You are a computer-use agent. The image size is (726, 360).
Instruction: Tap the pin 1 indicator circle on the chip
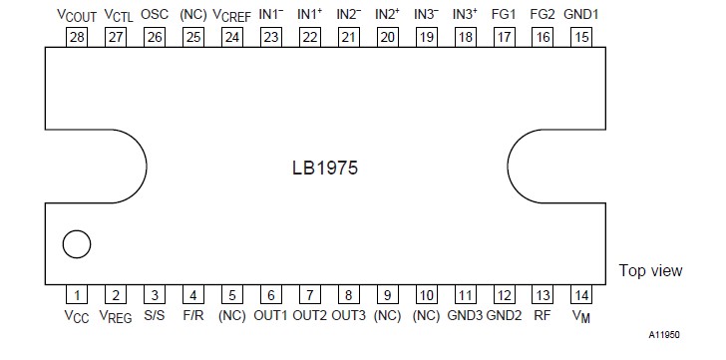(x=76, y=243)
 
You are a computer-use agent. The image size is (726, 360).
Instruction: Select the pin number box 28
(x=76, y=37)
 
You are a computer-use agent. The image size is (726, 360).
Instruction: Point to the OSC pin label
(x=154, y=15)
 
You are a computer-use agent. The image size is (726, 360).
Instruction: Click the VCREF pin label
(x=231, y=15)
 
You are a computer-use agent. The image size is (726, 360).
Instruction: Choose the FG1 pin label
(x=503, y=14)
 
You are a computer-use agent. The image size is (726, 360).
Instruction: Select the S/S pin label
(x=154, y=316)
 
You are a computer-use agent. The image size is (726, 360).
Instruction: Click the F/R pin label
(x=193, y=316)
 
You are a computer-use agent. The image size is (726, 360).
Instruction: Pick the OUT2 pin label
(x=309, y=316)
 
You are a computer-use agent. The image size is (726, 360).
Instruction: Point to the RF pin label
(x=542, y=316)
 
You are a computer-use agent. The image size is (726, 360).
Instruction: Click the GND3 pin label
(x=464, y=316)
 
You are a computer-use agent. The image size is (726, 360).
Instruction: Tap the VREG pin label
(x=116, y=317)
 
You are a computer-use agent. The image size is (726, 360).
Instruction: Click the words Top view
(x=650, y=270)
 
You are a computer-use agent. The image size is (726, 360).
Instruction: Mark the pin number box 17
(x=503, y=37)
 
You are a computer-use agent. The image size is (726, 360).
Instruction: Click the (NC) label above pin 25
(x=192, y=15)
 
